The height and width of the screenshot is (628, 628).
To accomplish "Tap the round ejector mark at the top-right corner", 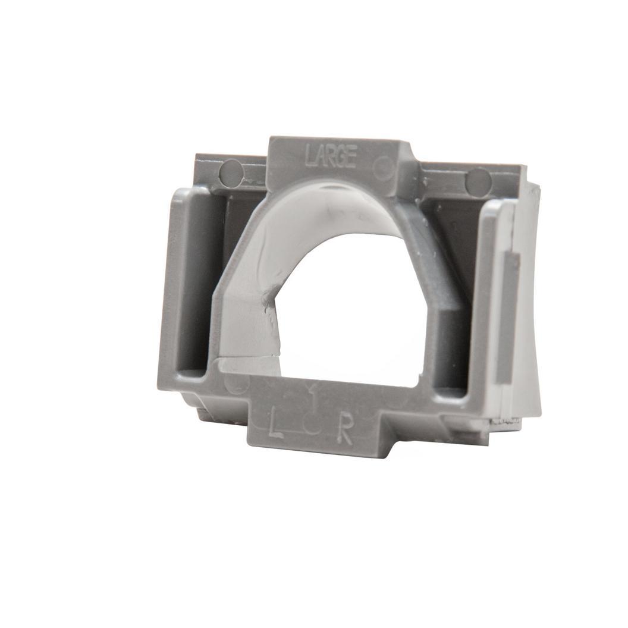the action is [478, 181].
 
